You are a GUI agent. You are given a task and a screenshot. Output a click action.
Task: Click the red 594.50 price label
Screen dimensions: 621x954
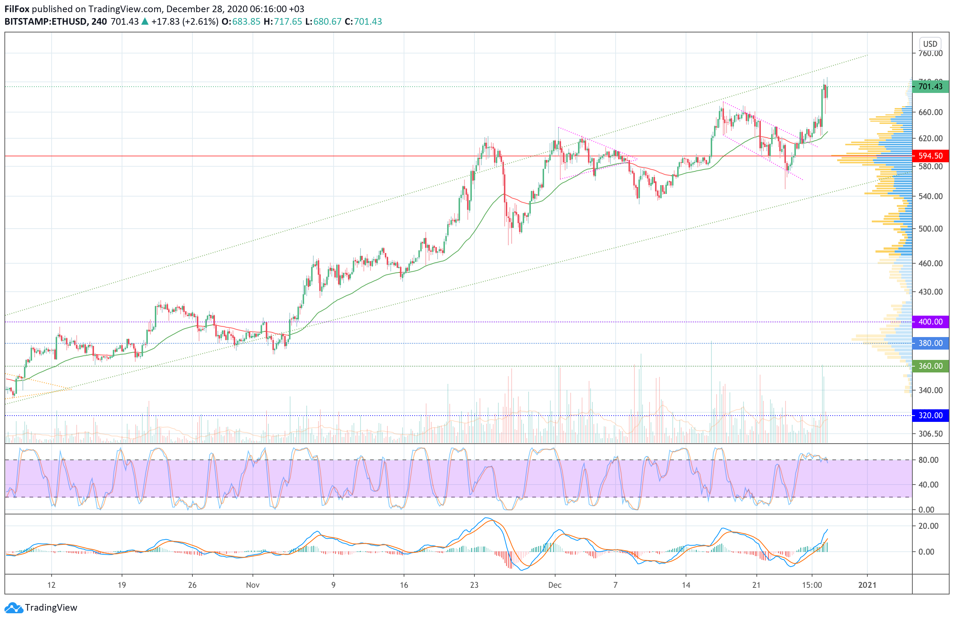click(930, 156)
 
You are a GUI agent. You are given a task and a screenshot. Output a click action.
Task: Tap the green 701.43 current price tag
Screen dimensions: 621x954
click(930, 87)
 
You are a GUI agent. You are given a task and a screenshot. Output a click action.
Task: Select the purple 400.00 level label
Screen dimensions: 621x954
click(930, 322)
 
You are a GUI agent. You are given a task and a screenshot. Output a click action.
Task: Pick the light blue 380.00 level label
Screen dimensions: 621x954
click(930, 343)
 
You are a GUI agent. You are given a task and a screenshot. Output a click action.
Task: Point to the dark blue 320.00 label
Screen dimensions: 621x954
click(930, 415)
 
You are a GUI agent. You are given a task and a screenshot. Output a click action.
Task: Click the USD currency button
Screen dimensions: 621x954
click(930, 44)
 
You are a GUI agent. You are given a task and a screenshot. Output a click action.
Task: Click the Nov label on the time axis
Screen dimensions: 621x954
click(253, 585)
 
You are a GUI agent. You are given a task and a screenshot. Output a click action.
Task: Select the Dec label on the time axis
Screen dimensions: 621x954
click(555, 585)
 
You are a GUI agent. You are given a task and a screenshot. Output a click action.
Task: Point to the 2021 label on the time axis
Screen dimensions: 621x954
click(867, 585)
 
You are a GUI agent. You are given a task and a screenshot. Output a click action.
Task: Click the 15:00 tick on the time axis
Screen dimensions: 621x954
click(812, 585)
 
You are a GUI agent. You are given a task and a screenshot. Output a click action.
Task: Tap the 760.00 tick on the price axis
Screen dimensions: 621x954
click(930, 53)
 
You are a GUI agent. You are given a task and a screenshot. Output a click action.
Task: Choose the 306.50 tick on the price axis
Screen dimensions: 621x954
click(930, 433)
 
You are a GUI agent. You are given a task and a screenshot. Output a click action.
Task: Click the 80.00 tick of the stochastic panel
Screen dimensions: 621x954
click(928, 460)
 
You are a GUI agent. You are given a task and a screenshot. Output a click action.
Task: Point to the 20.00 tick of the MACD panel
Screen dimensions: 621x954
click(928, 525)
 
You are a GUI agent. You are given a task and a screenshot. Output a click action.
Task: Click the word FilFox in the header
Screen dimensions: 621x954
click(17, 9)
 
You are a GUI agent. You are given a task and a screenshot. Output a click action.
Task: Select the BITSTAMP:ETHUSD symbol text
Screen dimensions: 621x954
click(46, 22)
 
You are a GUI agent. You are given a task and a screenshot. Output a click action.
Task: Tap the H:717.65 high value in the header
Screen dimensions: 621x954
click(283, 22)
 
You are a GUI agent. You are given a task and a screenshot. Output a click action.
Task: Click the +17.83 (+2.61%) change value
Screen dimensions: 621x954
click(185, 22)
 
